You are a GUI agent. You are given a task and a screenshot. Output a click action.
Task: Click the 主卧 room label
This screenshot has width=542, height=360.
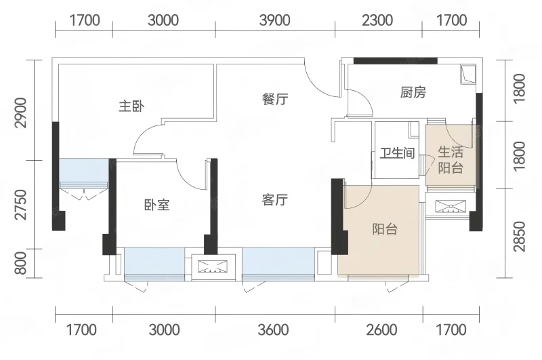tap(131, 106)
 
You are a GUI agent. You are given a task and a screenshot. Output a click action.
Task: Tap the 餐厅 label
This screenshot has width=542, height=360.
tap(275, 99)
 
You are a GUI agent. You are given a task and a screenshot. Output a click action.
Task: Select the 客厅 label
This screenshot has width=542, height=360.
tap(275, 199)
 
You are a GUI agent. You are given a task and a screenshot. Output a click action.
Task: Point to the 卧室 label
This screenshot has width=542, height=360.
tap(157, 205)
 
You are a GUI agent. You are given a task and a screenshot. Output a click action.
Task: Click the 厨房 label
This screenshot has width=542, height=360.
tap(413, 92)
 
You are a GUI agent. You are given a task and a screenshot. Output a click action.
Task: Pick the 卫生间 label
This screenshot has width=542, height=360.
tap(397, 153)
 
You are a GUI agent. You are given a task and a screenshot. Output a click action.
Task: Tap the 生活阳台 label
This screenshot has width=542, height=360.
tap(451, 160)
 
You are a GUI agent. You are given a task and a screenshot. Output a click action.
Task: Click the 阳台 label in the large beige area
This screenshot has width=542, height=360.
tap(385, 229)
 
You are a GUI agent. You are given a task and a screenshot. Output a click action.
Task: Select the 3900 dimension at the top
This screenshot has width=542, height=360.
tap(275, 20)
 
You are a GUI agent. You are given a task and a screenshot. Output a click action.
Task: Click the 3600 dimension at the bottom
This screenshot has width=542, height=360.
tap(273, 330)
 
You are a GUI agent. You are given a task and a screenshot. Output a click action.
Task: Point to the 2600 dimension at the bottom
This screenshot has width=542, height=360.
tap(381, 330)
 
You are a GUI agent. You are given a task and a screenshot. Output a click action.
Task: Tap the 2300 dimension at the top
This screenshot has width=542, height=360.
tap(377, 20)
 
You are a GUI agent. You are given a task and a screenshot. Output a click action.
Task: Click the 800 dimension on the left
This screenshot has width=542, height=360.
tap(21, 263)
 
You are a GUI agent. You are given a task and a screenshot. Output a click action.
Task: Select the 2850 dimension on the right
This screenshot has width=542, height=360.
tap(520, 237)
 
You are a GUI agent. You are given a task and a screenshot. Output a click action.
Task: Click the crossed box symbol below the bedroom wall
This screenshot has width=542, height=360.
tap(213, 266)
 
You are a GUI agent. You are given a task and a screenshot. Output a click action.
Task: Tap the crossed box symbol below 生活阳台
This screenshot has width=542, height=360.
tap(451, 206)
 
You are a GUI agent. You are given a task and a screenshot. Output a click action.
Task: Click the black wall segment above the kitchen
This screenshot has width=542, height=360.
tap(396, 61)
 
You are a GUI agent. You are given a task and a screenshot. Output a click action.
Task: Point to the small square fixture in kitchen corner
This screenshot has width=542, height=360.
tap(468, 75)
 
